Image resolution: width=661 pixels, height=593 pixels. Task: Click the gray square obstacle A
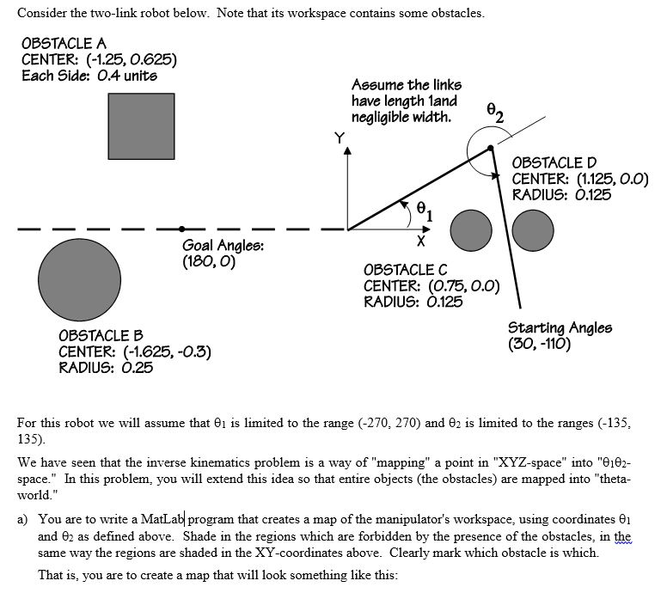click(x=143, y=125)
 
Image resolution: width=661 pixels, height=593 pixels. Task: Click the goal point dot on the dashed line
click(x=181, y=229)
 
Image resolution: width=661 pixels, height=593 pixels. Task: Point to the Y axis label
click(x=340, y=138)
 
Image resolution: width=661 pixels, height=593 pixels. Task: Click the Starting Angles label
click(x=560, y=327)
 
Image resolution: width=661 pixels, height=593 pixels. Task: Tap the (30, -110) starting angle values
click(x=539, y=344)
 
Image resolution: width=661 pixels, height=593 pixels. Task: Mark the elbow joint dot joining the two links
click(x=492, y=148)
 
